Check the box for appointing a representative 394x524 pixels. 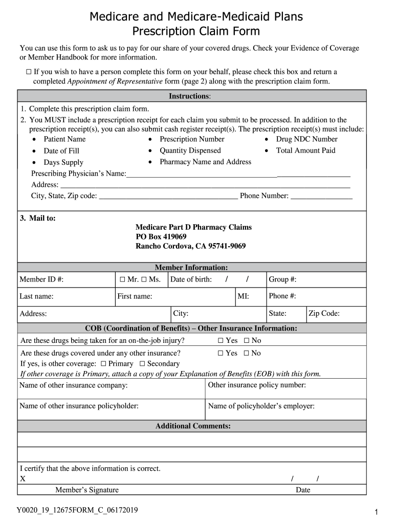tap(29, 72)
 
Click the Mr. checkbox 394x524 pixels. tap(122, 279)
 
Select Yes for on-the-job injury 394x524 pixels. tap(221, 341)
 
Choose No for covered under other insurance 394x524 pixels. tap(247, 353)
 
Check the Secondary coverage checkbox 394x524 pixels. tap(142, 364)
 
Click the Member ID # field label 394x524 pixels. tap(41, 279)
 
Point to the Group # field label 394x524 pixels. tap(282, 279)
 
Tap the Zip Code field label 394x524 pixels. tap(324, 314)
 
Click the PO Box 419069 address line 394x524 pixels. tap(161, 237)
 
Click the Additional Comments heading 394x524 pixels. tap(193, 426)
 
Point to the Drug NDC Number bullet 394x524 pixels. tap(307, 139)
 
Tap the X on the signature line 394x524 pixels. tap(23, 479)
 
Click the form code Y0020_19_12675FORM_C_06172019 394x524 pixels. tap(77, 510)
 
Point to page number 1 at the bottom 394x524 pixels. tap(375, 512)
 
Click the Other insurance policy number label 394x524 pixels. tap(257, 385)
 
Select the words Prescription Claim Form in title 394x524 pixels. tap(196, 31)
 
